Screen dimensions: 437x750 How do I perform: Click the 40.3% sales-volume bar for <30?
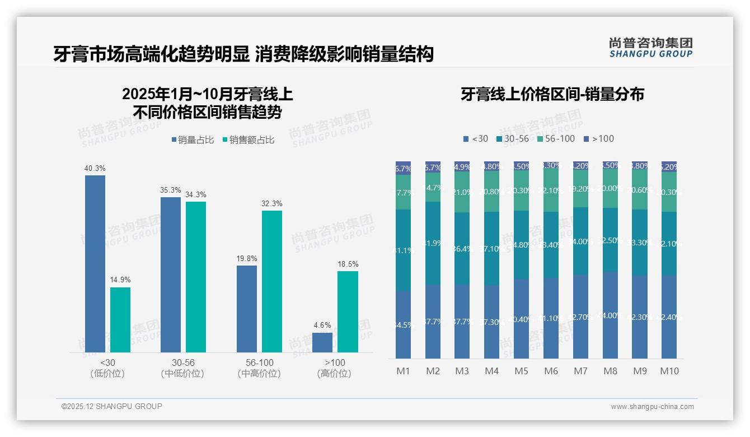pyautogui.click(x=95, y=263)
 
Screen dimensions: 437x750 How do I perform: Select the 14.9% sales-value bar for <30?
pyautogui.click(x=120, y=319)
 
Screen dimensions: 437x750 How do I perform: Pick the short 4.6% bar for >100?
pyautogui.click(x=322, y=342)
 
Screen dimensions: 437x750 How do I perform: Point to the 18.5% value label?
pyautogui.click(x=348, y=264)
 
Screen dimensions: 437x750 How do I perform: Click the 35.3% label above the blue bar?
pyautogui.click(x=171, y=190)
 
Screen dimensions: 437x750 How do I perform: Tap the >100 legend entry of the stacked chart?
pyautogui.click(x=598, y=138)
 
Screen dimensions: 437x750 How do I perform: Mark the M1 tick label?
pyautogui.click(x=404, y=371)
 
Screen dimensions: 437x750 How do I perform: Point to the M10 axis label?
pyautogui.click(x=669, y=371)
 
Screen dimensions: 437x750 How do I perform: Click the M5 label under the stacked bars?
pyautogui.click(x=521, y=371)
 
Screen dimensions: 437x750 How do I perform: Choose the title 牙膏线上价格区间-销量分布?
pyautogui.click(x=552, y=94)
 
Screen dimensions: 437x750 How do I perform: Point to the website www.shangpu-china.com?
pyautogui.click(x=652, y=407)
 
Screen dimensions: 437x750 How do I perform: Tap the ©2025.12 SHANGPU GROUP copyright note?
pyautogui.click(x=112, y=406)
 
